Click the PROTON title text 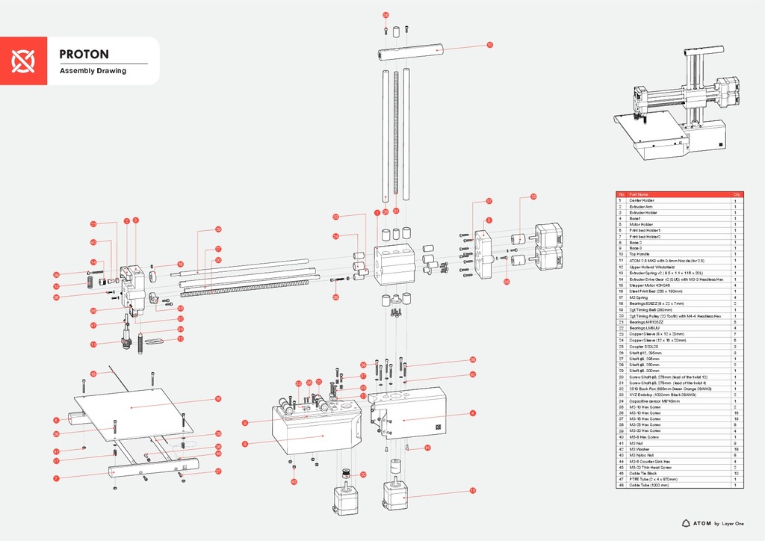(84, 55)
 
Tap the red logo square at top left (24, 61)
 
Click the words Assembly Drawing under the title (93, 71)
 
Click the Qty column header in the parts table (736, 194)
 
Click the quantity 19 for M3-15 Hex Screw (736, 418)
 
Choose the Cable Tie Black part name (644, 474)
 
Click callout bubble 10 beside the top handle (489, 45)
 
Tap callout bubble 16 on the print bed (217, 398)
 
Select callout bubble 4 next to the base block (473, 413)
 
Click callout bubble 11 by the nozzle (94, 344)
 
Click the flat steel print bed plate (134, 407)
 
